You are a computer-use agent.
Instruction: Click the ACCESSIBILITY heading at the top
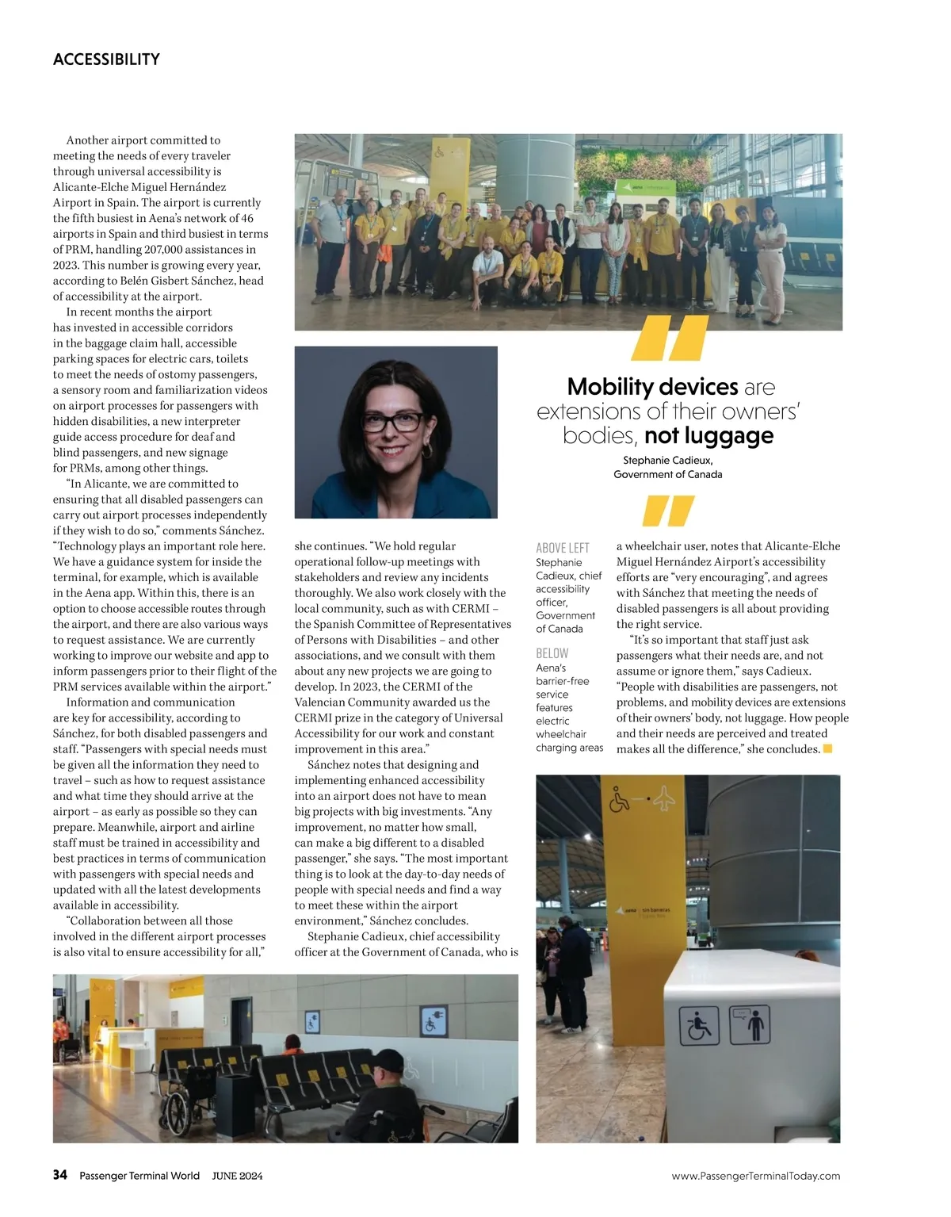coord(106,59)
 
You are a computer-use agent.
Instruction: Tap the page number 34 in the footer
coord(60,1175)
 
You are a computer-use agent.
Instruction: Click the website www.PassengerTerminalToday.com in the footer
coord(755,1176)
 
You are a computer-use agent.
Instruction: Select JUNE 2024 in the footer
coord(237,1176)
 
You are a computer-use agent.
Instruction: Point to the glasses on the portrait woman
coord(393,422)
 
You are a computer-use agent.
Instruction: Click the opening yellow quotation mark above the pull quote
coord(670,339)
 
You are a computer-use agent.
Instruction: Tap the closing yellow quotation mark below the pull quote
coord(668,511)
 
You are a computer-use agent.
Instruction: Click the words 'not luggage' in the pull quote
coord(708,435)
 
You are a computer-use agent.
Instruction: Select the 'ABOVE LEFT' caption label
coord(563,548)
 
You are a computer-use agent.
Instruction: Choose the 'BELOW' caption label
coord(552,653)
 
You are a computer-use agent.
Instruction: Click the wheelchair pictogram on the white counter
coord(700,1026)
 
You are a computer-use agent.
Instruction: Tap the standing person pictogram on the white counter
coord(749,1025)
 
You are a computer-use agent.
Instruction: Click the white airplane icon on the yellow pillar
coord(664,799)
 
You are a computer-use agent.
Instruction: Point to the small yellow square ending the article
coord(827,748)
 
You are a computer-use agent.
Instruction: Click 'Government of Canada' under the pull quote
coord(667,474)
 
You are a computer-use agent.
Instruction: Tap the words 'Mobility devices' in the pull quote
coord(652,387)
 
